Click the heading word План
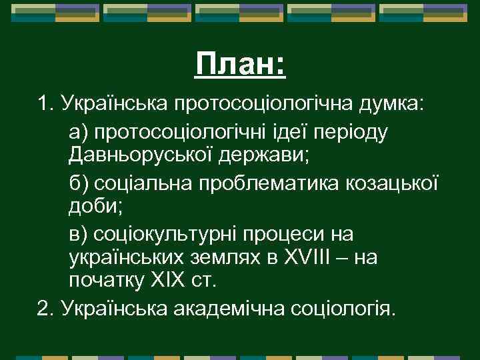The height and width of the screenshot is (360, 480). [x=236, y=65]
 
